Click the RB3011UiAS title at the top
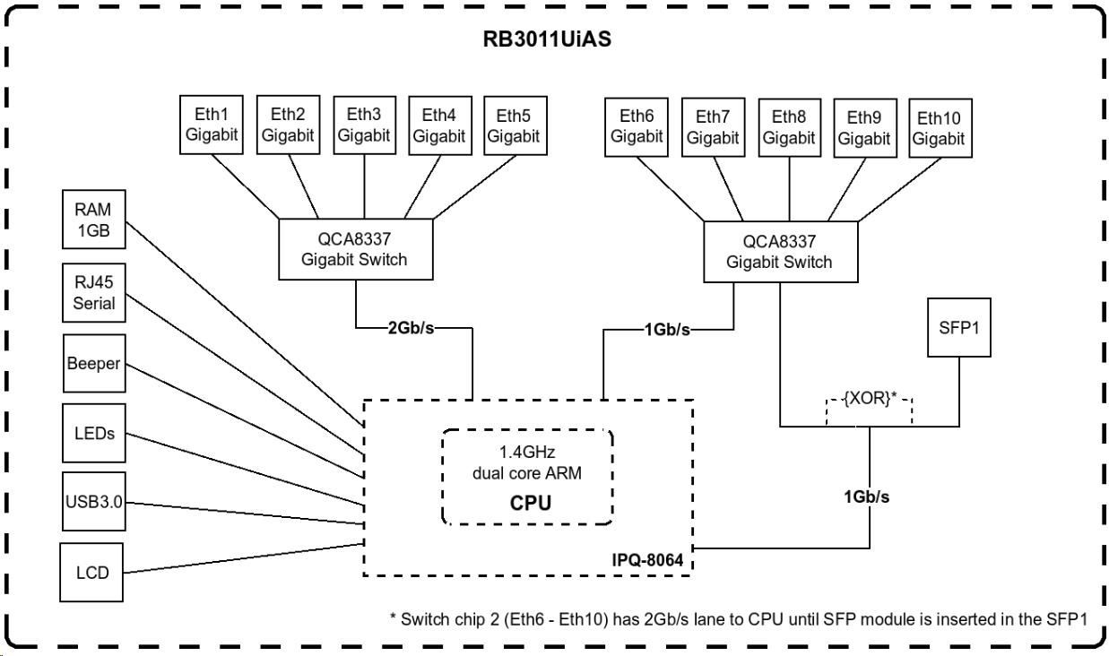[x=547, y=39]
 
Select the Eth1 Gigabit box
[x=212, y=125]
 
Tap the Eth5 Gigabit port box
[x=516, y=125]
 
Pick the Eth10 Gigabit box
[x=940, y=128]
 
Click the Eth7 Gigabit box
[x=714, y=127]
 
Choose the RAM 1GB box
[x=94, y=220]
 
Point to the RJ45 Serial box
[x=94, y=292]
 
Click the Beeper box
[x=94, y=363]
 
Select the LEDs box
[x=94, y=433]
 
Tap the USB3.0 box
[x=94, y=501]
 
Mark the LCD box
[x=91, y=573]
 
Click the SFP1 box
[x=959, y=327]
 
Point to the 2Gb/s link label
[x=411, y=327]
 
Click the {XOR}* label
[x=870, y=398]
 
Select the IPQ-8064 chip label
[x=647, y=560]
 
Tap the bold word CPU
[x=530, y=503]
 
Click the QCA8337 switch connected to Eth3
[x=356, y=249]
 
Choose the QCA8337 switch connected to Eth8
[x=781, y=252]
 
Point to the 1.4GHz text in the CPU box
[x=527, y=452]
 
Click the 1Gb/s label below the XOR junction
[x=866, y=496]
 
